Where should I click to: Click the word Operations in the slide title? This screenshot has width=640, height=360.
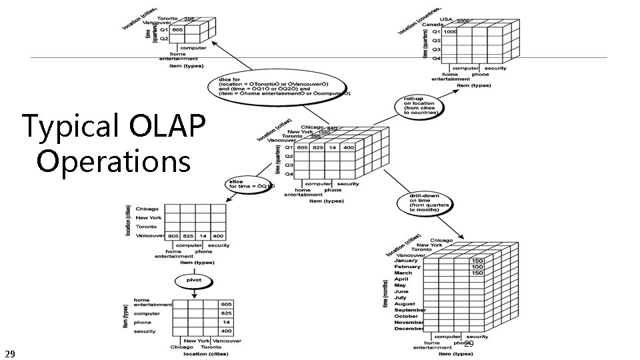click(113, 161)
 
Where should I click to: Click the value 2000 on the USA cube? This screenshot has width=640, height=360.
click(463, 21)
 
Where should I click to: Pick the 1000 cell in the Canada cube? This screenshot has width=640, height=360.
click(450, 31)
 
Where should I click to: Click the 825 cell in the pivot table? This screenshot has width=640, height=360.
click(227, 313)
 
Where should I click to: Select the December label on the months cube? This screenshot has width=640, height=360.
click(408, 329)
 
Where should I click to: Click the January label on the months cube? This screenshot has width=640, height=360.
click(408, 260)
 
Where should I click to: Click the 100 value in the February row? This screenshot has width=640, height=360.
click(477, 267)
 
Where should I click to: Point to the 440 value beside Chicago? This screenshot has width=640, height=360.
click(332, 129)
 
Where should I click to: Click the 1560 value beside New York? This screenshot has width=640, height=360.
click(323, 133)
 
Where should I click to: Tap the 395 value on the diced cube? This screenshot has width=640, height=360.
click(189, 19)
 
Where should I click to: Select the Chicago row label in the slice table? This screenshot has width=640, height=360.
click(147, 209)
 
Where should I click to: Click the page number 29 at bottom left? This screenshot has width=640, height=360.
click(9, 352)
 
